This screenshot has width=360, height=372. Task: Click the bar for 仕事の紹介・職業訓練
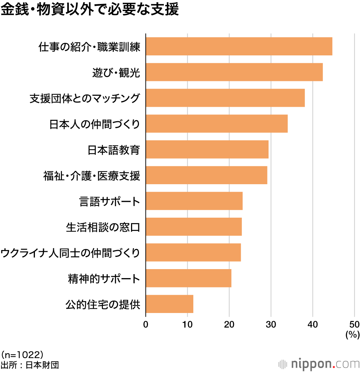pos(239,46)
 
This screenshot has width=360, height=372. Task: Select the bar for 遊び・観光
pos(234,72)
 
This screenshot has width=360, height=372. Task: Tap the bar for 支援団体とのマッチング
pos(225,98)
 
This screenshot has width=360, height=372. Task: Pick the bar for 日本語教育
pos(207,149)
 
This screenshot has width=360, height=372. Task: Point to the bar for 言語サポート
pos(194,201)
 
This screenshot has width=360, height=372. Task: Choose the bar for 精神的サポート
pos(188,278)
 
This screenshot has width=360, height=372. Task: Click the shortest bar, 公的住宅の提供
pos(169,304)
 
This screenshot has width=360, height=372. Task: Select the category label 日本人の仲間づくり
pos(94,124)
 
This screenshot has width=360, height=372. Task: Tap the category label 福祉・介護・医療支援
pos(91,176)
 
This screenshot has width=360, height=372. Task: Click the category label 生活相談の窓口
pos(103,227)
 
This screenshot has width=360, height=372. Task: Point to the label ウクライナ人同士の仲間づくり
pos(70,253)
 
